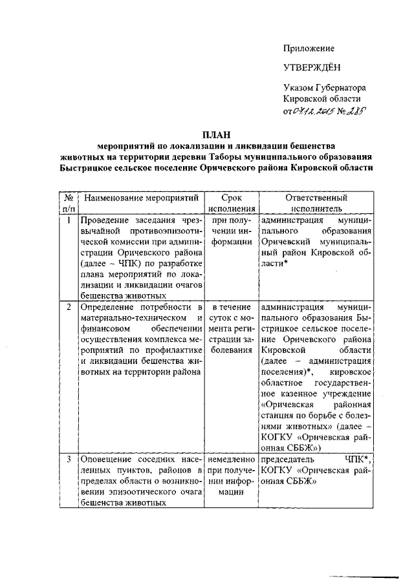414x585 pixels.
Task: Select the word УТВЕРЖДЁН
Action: [x=312, y=67]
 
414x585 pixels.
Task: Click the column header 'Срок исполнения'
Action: [x=231, y=204]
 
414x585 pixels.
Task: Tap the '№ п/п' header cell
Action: [x=69, y=204]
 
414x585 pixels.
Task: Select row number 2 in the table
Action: [x=69, y=305]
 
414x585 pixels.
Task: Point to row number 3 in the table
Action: [x=69, y=459]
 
